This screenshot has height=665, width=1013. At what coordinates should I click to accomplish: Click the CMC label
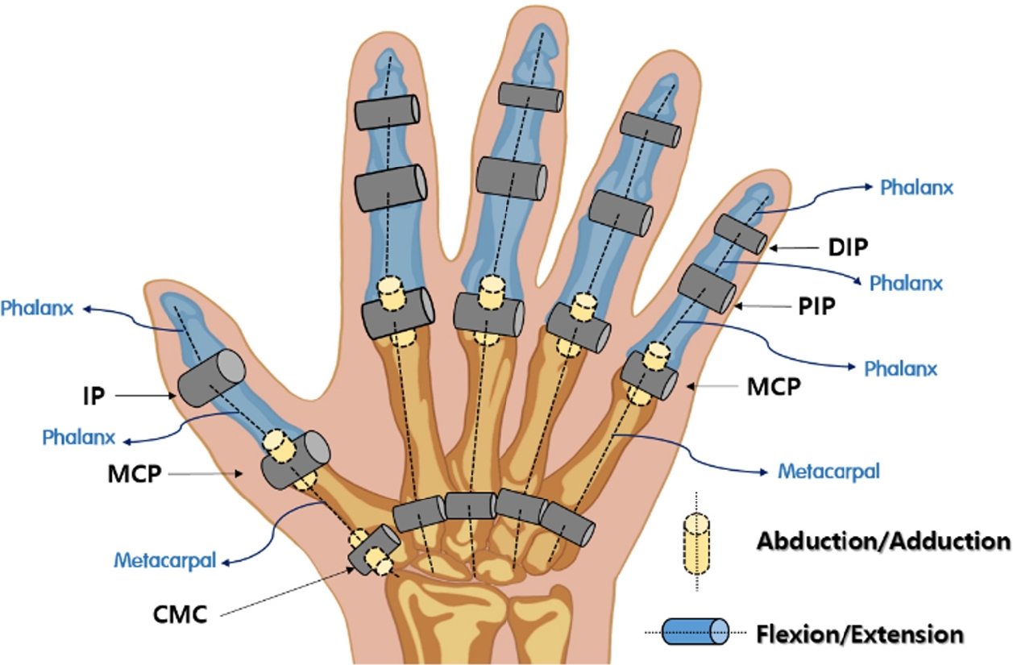coord(181,617)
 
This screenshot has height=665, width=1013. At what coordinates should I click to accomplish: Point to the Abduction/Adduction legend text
coord(882,541)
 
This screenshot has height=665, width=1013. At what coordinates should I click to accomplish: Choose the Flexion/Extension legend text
coord(860,634)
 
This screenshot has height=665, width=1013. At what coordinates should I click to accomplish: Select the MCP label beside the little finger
coord(774,387)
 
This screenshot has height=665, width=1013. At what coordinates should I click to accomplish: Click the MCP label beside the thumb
coord(137,473)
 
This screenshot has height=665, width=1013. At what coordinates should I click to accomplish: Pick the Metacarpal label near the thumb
coord(165,559)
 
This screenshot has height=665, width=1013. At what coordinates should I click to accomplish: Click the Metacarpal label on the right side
coord(828,470)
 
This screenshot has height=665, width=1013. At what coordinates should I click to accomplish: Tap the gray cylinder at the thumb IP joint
coord(211,378)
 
